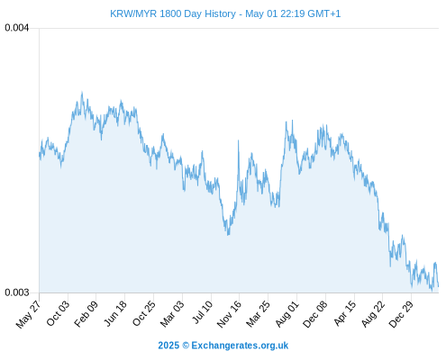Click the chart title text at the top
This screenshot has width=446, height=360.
225,13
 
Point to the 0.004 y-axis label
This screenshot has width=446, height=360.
17,28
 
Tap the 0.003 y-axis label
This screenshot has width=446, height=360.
17,292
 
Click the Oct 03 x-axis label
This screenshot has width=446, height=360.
58,313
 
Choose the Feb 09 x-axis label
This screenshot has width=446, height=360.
86,313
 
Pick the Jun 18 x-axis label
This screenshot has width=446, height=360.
115,313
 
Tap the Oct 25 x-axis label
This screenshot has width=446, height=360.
144,313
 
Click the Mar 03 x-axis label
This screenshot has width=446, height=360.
172,313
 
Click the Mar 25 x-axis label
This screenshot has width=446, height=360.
259,313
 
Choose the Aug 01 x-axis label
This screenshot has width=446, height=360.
287,313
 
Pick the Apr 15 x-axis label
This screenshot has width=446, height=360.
345,313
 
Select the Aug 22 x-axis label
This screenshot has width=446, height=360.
373,313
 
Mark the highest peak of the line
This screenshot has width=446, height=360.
82,93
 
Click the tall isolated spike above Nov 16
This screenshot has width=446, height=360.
239,140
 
